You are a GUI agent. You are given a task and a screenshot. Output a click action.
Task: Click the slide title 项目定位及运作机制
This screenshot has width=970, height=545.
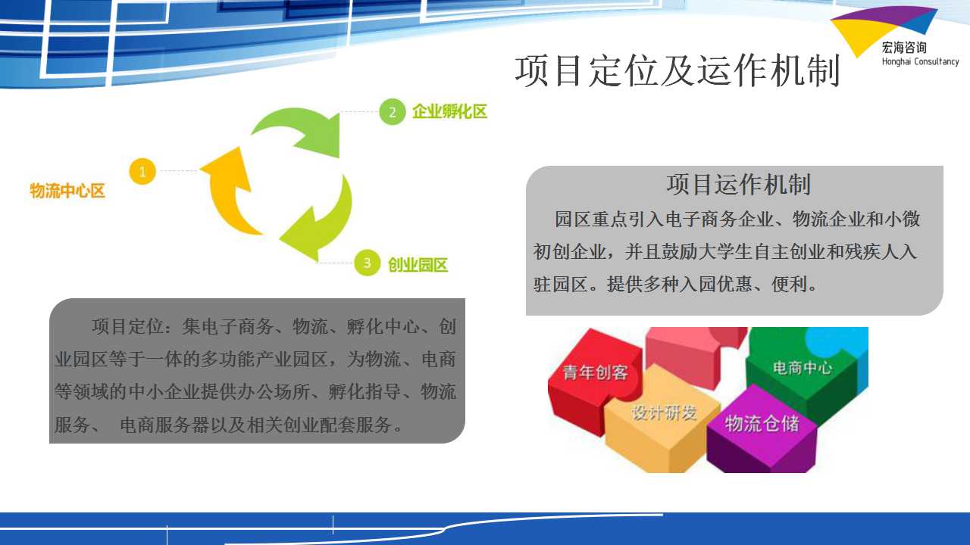point(677,70)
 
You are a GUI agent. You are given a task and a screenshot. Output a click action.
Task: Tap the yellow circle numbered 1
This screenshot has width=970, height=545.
point(142,172)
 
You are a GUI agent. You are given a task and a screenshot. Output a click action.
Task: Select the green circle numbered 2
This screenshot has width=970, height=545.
point(393,112)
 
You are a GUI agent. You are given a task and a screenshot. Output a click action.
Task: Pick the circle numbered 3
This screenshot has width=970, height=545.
point(368,263)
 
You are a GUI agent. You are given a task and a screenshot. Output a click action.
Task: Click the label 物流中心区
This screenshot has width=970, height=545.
point(67,191)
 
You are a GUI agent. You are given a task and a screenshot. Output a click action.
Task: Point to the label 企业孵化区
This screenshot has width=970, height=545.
point(450,111)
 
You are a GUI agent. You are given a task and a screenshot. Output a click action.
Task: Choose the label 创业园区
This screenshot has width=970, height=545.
point(418,265)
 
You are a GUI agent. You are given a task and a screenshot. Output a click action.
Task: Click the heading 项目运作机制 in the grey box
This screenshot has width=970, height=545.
point(738,184)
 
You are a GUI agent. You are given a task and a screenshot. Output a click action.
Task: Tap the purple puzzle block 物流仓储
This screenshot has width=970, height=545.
point(762,428)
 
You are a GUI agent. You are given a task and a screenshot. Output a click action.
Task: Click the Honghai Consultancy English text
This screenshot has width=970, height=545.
point(921,61)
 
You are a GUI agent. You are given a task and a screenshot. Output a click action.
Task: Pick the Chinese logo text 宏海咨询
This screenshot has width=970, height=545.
point(904,47)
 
